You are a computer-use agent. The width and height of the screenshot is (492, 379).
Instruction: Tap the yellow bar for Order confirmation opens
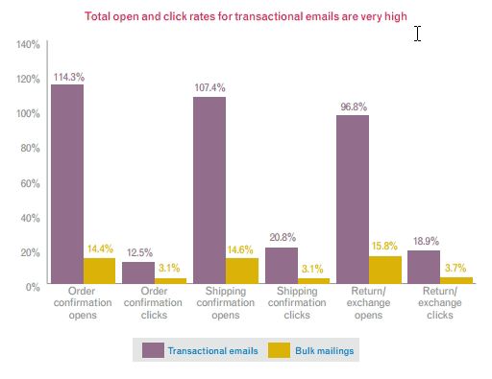point(100,271)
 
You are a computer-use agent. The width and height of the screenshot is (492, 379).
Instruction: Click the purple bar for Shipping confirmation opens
point(209,191)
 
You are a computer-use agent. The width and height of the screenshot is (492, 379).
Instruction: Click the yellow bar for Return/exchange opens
point(384,270)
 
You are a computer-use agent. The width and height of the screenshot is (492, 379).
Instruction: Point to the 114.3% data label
point(69,75)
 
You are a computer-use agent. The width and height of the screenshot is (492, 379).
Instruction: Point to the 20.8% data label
point(282,237)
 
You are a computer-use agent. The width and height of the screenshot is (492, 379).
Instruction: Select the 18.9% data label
point(424,240)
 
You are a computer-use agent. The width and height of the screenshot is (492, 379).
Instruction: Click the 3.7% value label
point(455,267)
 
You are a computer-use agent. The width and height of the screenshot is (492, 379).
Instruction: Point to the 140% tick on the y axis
point(28,44)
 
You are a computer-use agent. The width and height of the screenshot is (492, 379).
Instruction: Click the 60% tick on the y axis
point(30,182)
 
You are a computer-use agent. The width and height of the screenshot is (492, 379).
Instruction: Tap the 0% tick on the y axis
point(33,286)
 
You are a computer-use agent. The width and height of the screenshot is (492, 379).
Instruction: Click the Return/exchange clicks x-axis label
point(439,304)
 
